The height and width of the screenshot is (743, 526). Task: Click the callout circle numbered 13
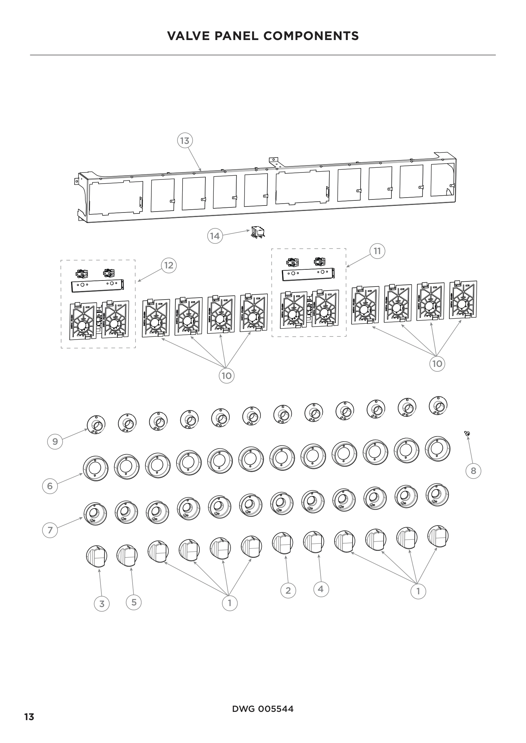185,141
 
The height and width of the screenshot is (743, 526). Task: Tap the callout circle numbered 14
215,236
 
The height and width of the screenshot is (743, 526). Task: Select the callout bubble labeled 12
169,265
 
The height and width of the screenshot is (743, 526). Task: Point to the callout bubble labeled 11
377,251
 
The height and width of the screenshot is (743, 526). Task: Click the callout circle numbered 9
55,442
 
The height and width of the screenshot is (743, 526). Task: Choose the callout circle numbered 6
50,486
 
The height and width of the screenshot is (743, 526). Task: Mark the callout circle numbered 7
50,530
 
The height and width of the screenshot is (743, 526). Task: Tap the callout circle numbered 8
473,470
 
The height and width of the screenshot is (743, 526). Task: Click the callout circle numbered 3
102,604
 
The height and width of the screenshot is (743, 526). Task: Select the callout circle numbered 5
134,602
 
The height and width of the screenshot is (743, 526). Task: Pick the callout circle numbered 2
288,591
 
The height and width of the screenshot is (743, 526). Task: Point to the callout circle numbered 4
321,589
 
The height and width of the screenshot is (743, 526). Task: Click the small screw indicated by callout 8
467,433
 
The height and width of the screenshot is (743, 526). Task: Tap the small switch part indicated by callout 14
258,233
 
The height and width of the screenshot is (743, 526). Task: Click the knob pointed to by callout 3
97,556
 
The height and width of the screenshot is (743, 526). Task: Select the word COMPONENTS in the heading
311,36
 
